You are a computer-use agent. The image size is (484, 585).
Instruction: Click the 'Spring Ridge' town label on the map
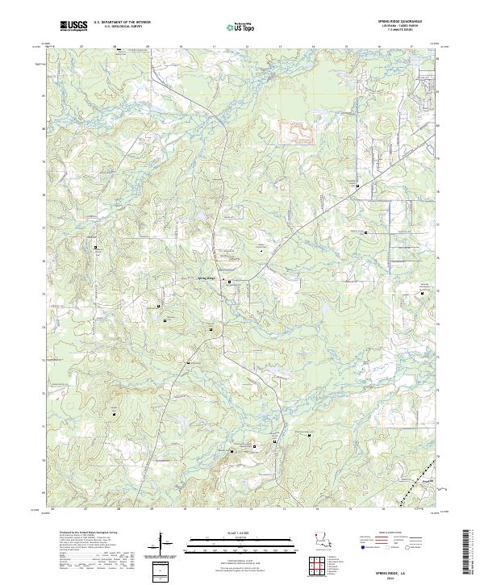click(x=207, y=279)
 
